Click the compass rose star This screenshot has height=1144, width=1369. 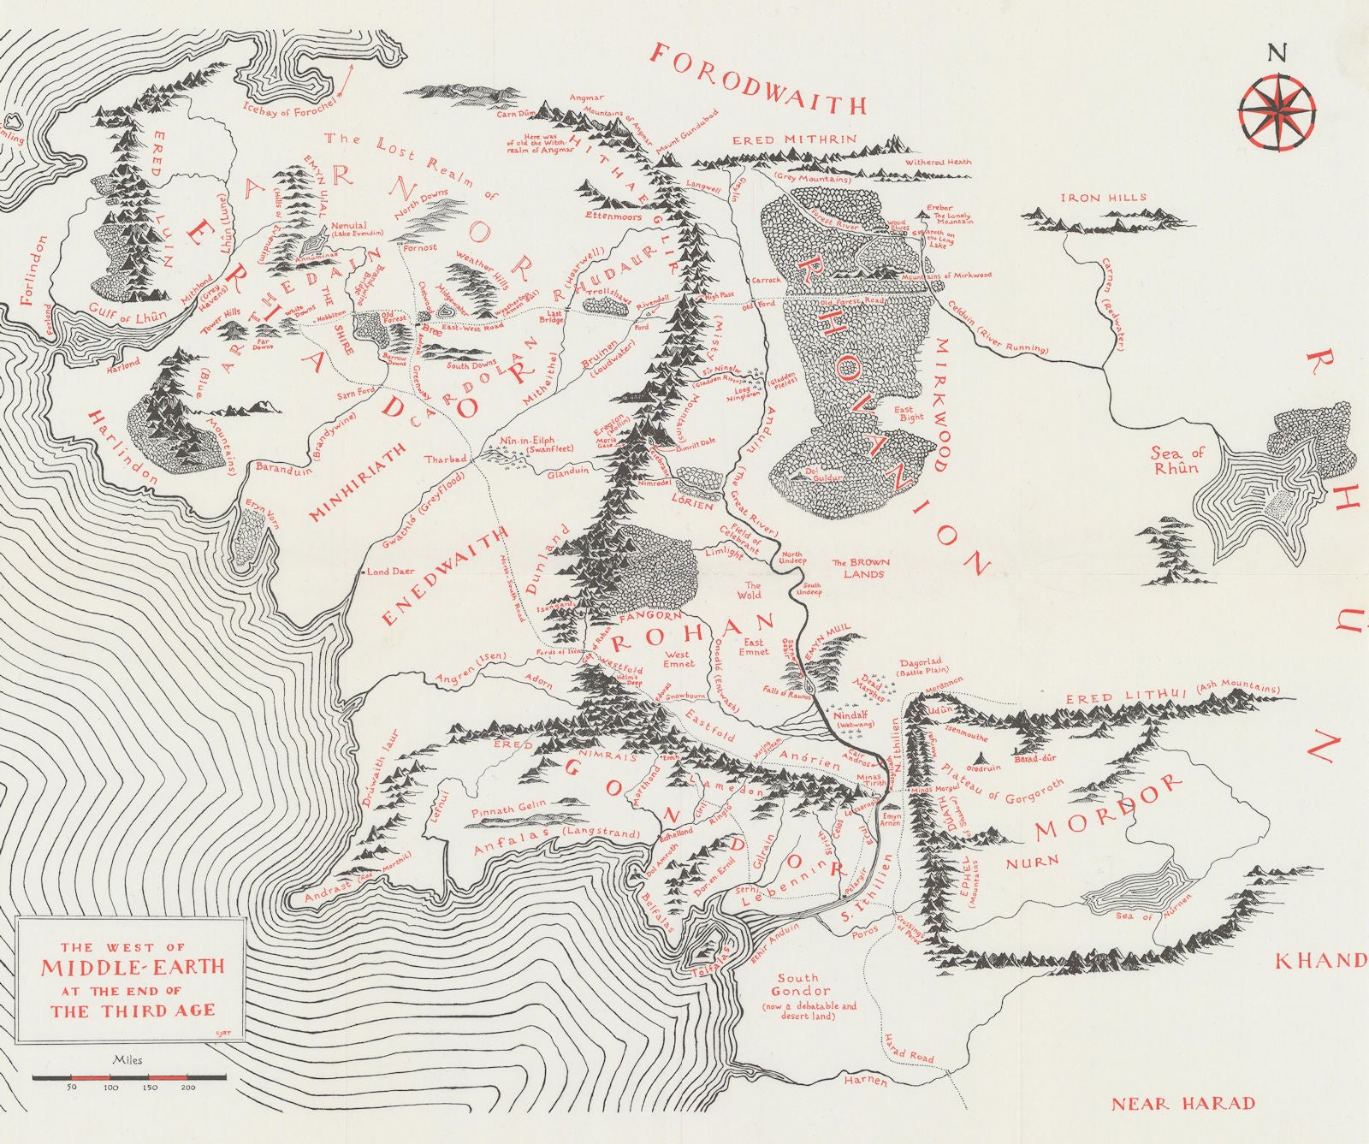[x=1276, y=110]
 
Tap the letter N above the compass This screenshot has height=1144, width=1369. [x=1276, y=52]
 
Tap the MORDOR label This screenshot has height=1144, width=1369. [x=1108, y=807]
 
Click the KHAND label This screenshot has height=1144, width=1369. [x=1320, y=961]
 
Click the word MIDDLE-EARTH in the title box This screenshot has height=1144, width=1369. [x=133, y=968]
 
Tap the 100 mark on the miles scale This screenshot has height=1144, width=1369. [x=110, y=1088]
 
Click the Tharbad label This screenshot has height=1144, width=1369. [x=446, y=459]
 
